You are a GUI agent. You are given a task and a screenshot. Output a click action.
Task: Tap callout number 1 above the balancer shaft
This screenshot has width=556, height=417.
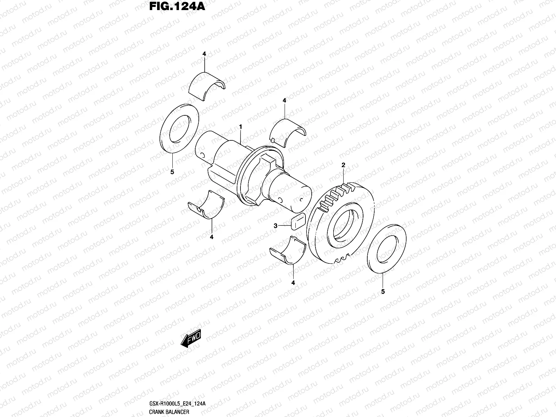tap(240, 128)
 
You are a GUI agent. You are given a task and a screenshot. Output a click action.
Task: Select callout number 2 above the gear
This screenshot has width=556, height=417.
tap(343, 165)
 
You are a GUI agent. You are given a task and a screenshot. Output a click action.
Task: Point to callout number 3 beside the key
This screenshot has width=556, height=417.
tap(276, 226)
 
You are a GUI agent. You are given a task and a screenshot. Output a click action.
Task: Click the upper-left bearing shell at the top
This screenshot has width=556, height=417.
tap(208, 87)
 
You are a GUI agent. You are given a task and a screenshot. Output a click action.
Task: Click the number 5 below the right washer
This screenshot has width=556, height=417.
tap(383, 292)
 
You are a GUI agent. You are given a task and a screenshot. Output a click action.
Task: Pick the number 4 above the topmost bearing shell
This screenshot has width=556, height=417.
tap(204, 54)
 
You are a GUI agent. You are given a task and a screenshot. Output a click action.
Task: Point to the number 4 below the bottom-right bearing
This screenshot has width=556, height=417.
tap(293, 283)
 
